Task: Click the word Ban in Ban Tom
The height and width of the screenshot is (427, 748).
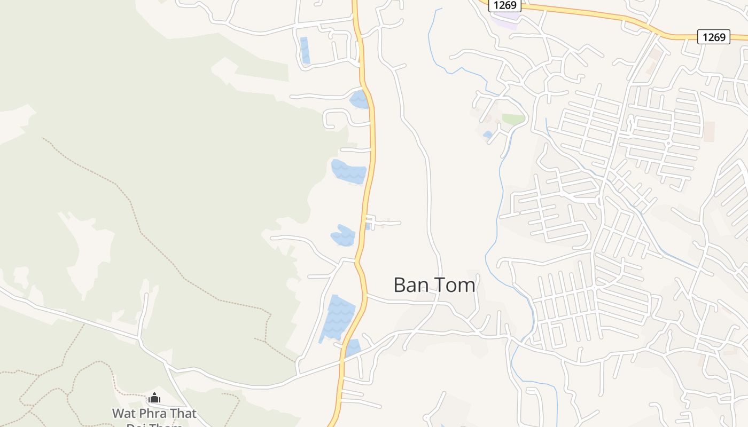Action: (410, 285)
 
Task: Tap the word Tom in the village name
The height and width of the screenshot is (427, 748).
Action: (455, 285)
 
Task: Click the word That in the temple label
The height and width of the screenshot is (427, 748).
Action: (183, 414)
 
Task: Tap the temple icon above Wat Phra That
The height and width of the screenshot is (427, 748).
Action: (154, 398)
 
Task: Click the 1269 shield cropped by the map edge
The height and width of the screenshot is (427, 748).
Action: (505, 5)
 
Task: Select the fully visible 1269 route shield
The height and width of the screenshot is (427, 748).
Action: (714, 37)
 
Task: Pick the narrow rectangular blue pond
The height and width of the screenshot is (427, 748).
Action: (305, 50)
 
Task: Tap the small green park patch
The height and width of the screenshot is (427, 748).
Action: (513, 120)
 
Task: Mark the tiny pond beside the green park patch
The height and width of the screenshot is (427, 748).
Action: (487, 135)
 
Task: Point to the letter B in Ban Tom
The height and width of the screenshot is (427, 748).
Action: (399, 285)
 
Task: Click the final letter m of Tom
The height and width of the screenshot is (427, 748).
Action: (466, 285)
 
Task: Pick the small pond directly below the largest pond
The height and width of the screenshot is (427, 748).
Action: (353, 348)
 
